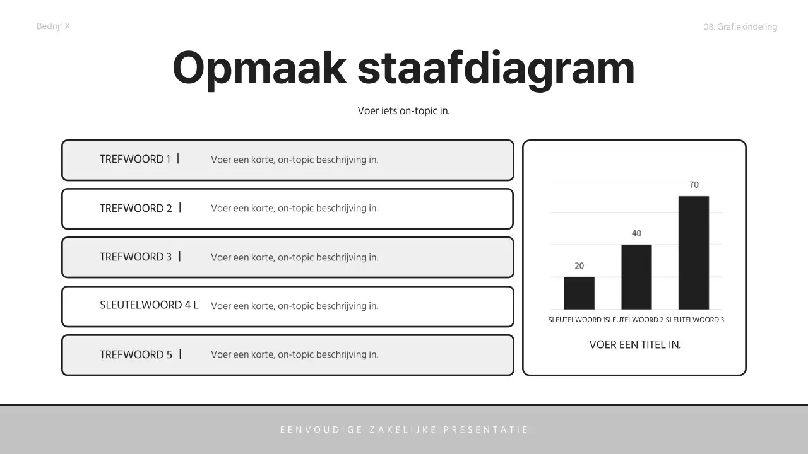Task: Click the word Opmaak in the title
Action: tap(259, 68)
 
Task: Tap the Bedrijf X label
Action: tap(53, 26)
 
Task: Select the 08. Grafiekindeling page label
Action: tap(740, 26)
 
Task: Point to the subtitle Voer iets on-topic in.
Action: tap(403, 110)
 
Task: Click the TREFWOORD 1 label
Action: tap(135, 160)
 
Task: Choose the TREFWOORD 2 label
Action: tap(136, 208)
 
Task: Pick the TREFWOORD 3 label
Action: tap(136, 257)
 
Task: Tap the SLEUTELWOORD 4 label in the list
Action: tap(149, 305)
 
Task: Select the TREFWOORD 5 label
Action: tap(136, 354)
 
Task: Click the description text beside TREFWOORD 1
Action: tap(294, 160)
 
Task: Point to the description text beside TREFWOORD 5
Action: tap(294, 354)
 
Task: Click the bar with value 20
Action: tap(579, 293)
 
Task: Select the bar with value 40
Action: tap(636, 277)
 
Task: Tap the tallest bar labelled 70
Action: tap(694, 252)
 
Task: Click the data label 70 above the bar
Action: tap(694, 185)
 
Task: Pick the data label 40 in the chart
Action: tap(636, 233)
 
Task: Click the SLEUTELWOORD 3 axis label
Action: tap(694, 320)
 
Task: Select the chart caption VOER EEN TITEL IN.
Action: tap(635, 345)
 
